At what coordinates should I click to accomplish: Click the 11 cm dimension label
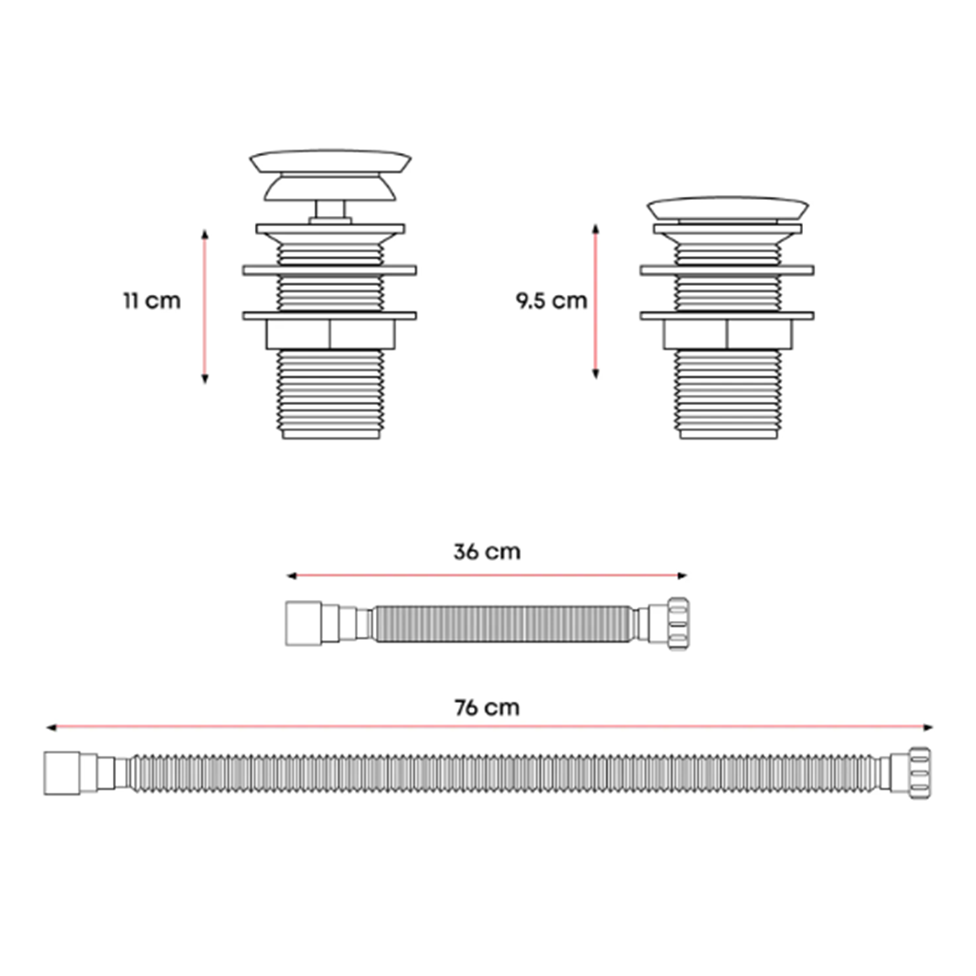point(152,301)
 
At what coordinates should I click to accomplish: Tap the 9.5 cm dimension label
point(551,301)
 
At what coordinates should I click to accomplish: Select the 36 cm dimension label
point(487,552)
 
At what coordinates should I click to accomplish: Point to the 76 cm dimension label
point(487,708)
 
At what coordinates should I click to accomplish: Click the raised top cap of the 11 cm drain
point(330,161)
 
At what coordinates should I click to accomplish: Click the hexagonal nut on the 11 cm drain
point(331,334)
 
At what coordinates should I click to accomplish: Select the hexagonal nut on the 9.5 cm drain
point(729,334)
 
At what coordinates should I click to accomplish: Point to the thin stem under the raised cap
point(330,209)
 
